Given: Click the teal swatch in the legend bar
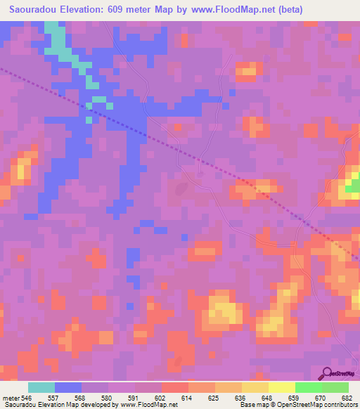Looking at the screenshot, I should click(x=41, y=387).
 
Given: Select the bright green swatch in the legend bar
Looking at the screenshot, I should click(x=308, y=387).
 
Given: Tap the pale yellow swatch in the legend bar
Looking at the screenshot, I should click(x=281, y=387).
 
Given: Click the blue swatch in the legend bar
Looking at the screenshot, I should click(x=68, y=387).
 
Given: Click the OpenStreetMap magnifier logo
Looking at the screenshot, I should click(x=328, y=373).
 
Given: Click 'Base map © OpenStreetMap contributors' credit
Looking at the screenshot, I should click(x=298, y=405).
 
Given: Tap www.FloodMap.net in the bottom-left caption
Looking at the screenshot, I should click(x=148, y=405).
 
